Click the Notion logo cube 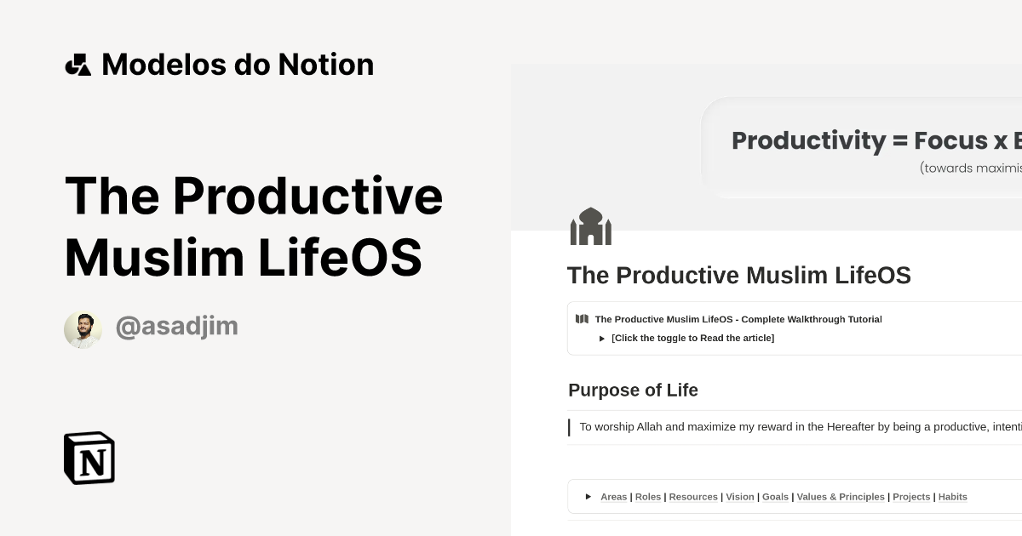click(x=89, y=458)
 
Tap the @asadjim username click(x=176, y=327)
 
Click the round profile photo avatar click(x=83, y=329)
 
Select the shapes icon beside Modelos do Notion click(x=78, y=65)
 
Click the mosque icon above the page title click(x=590, y=227)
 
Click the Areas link click(x=613, y=497)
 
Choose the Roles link click(x=648, y=497)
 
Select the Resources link click(x=693, y=497)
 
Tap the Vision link click(x=740, y=497)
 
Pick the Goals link click(x=775, y=497)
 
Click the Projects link click(x=911, y=497)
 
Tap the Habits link click(x=952, y=497)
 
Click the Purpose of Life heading click(x=633, y=391)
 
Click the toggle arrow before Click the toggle click(x=602, y=339)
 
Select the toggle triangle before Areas click(x=589, y=497)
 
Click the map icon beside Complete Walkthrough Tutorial click(x=582, y=319)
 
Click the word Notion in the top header click(x=329, y=65)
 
